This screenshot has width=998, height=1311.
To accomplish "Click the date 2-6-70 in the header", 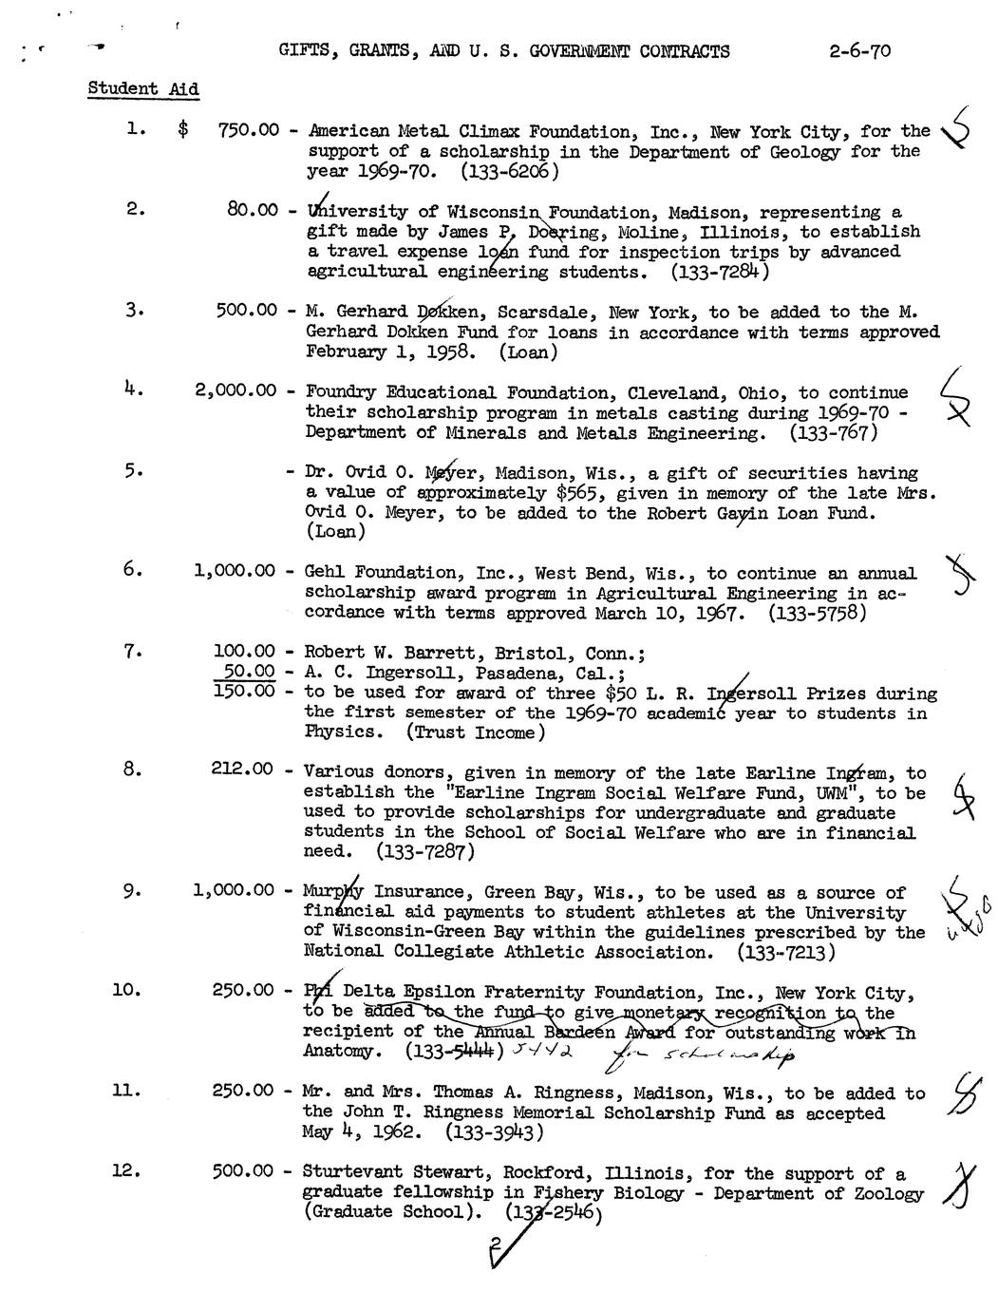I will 858,51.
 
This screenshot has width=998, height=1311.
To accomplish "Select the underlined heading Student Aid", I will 143,89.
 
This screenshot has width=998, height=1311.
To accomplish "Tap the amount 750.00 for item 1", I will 248,131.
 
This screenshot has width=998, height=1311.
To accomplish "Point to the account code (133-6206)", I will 510,172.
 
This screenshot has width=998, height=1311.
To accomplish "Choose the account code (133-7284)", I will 719,273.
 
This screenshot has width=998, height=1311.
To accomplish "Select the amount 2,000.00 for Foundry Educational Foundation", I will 235,391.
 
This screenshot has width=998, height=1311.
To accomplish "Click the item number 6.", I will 132,570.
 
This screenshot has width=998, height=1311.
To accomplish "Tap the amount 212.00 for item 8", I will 244,771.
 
